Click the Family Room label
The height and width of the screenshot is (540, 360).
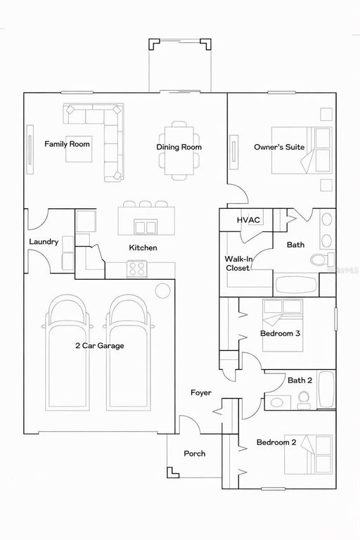pyautogui.click(x=67, y=144)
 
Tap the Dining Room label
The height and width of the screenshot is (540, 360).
pyautogui.click(x=179, y=147)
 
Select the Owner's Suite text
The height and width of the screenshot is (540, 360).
pyautogui.click(x=279, y=147)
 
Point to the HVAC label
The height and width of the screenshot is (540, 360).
pyautogui.click(x=248, y=220)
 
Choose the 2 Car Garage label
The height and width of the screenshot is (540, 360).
pyautogui.click(x=99, y=345)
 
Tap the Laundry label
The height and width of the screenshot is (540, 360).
pyautogui.click(x=44, y=242)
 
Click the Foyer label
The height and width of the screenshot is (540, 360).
pyautogui.click(x=200, y=392)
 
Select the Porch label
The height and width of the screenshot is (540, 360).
pyautogui.click(x=195, y=454)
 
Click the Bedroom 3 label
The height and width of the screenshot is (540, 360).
pyautogui.click(x=281, y=333)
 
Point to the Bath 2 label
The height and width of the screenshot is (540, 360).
pyautogui.click(x=300, y=380)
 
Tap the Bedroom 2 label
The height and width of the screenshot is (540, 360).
pyautogui.click(x=276, y=442)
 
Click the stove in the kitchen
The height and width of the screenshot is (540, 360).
pyautogui.click(x=136, y=268)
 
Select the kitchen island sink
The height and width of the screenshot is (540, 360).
pyautogui.click(x=146, y=226)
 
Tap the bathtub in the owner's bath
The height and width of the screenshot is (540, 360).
pyautogui.click(x=296, y=285)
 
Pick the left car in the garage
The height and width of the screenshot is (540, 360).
pyautogui.click(x=67, y=352)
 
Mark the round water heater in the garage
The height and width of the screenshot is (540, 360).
pyautogui.click(x=163, y=290)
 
